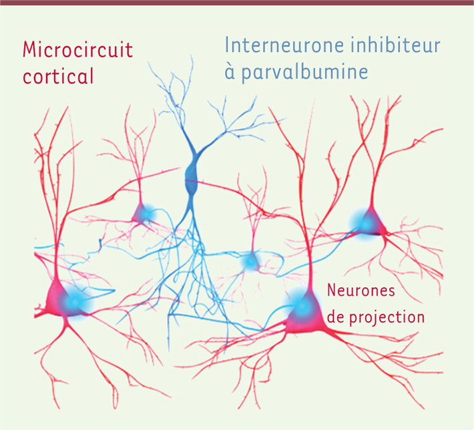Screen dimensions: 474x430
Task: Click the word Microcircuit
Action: (x=77, y=49)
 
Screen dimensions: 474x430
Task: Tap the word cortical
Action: (x=58, y=75)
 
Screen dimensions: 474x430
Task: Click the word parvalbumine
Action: (x=304, y=73)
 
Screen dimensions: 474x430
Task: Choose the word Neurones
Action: (x=361, y=290)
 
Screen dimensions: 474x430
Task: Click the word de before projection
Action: (x=336, y=317)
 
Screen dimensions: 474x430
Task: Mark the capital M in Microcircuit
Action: (x=29, y=49)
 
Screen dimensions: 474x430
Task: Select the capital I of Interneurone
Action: (x=226, y=45)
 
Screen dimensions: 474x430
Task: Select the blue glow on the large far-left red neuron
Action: (x=73, y=302)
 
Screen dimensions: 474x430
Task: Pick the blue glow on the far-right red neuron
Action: (x=365, y=224)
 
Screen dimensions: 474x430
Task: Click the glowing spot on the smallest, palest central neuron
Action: (x=250, y=261)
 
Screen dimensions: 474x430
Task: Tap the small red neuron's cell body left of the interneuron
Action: (x=142, y=214)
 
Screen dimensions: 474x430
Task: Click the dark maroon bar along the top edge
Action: (x=237, y=3)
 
